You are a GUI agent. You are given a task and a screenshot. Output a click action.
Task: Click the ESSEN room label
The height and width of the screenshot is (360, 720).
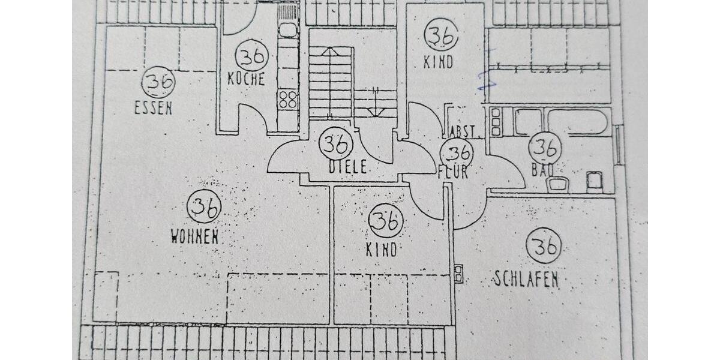click(x=153, y=108)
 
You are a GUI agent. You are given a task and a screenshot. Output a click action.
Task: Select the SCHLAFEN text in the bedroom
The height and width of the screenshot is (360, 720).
click(x=526, y=279)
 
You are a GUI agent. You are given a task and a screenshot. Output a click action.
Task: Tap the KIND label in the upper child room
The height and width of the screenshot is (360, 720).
click(x=438, y=62)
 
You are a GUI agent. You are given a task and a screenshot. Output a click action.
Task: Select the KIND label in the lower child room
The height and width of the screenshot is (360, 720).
click(x=382, y=249)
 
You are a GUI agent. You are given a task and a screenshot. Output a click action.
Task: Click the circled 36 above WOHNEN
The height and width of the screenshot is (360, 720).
click(x=204, y=207)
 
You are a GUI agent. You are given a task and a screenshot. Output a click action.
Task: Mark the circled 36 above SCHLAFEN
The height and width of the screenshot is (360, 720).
click(x=544, y=245)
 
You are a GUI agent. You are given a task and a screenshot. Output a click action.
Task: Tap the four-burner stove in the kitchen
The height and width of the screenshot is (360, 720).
click(x=289, y=100)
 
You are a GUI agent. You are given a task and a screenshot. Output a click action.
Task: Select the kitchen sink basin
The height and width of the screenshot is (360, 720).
click(x=288, y=30)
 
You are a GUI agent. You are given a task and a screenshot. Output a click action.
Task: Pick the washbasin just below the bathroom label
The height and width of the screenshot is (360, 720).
click(x=558, y=183)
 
